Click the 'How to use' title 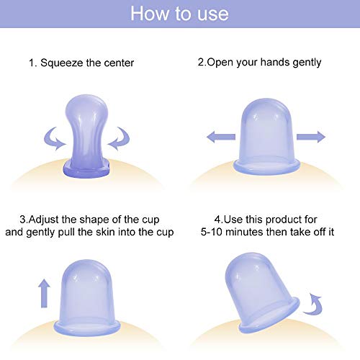coord(180,14)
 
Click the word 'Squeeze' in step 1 coord(66,63)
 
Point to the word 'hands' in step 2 coord(271,63)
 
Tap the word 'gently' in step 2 coord(305,63)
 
